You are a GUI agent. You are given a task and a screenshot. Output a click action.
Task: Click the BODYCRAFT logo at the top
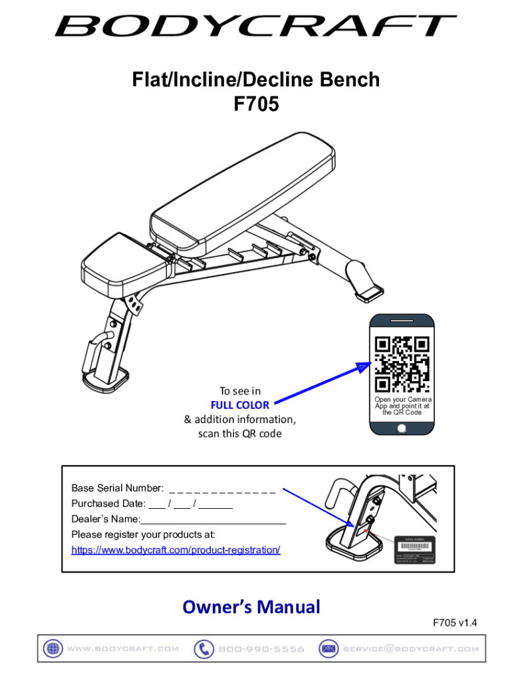coord(255,27)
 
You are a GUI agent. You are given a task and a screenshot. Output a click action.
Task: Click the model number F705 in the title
coord(255,104)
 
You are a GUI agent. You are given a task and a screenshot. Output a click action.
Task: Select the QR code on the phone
coord(401,364)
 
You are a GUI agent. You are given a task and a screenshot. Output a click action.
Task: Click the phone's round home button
coord(401,428)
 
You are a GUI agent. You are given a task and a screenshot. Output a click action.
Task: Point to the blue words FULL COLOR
coord(239,405)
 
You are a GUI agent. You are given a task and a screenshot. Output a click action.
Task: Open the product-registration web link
coord(176,550)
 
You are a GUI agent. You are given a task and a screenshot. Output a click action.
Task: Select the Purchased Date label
coord(108,505)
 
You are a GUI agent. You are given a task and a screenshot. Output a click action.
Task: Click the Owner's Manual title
coord(251,607)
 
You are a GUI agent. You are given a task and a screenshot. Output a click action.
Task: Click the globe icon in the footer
coord(53,649)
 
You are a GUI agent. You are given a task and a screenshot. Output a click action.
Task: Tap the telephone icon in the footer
coord(203,649)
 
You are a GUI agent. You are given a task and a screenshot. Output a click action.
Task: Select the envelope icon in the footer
coord(327,649)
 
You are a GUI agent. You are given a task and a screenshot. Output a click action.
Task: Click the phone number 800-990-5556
coord(261,649)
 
